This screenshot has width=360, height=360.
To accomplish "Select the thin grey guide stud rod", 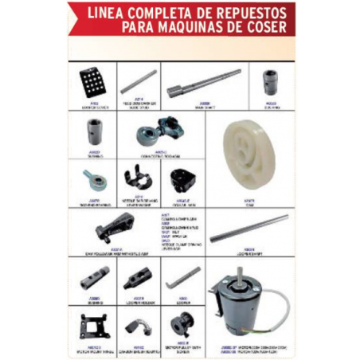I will [139, 80].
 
